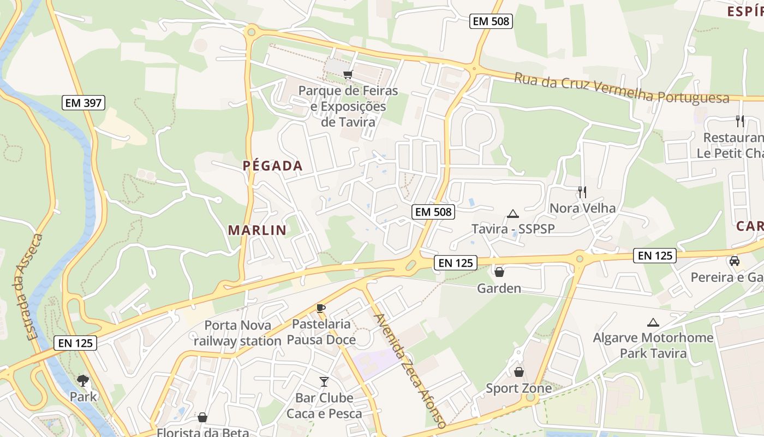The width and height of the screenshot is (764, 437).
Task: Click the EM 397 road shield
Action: [x=83, y=102]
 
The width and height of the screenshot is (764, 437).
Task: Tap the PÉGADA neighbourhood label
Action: [x=272, y=166]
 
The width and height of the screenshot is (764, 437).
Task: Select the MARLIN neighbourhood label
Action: [x=257, y=230]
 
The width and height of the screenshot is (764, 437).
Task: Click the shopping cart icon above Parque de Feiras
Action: [x=347, y=74]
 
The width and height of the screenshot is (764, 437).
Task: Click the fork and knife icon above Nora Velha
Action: [x=582, y=192]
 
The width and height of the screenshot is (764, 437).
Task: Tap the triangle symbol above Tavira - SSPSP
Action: [x=512, y=214]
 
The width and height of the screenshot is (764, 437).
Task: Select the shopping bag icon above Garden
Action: [x=499, y=271]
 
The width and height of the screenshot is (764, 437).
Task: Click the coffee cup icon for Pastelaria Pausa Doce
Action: [x=321, y=308]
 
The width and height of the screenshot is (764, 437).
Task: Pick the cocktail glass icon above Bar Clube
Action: [x=324, y=381]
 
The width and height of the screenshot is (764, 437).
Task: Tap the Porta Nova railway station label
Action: [x=237, y=333]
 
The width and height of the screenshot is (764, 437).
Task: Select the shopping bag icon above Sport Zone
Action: [x=518, y=372]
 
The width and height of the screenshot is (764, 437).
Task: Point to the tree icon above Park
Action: [x=83, y=380]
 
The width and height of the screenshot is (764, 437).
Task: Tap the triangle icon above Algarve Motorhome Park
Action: [x=653, y=322]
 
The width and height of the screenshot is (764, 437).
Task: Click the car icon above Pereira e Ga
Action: [x=735, y=261]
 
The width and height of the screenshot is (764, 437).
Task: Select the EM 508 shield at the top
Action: [x=491, y=21]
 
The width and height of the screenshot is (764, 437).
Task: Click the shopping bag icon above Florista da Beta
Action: [x=202, y=417]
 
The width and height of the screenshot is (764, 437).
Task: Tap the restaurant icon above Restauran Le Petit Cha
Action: [x=740, y=121]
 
